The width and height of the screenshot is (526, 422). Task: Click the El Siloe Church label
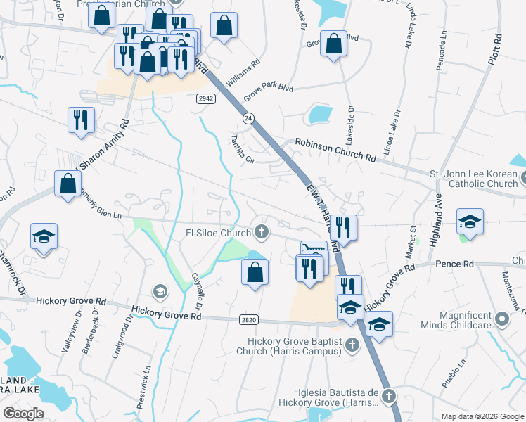pos(218,233)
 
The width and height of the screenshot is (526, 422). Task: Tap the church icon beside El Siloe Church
pos(262,231)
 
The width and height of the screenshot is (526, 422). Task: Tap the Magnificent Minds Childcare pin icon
pos(501,320)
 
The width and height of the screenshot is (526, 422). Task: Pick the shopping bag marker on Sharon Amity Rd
pos(68,184)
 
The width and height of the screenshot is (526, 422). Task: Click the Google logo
pos(23,413)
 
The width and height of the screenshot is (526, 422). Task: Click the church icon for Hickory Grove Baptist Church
pos(352,345)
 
